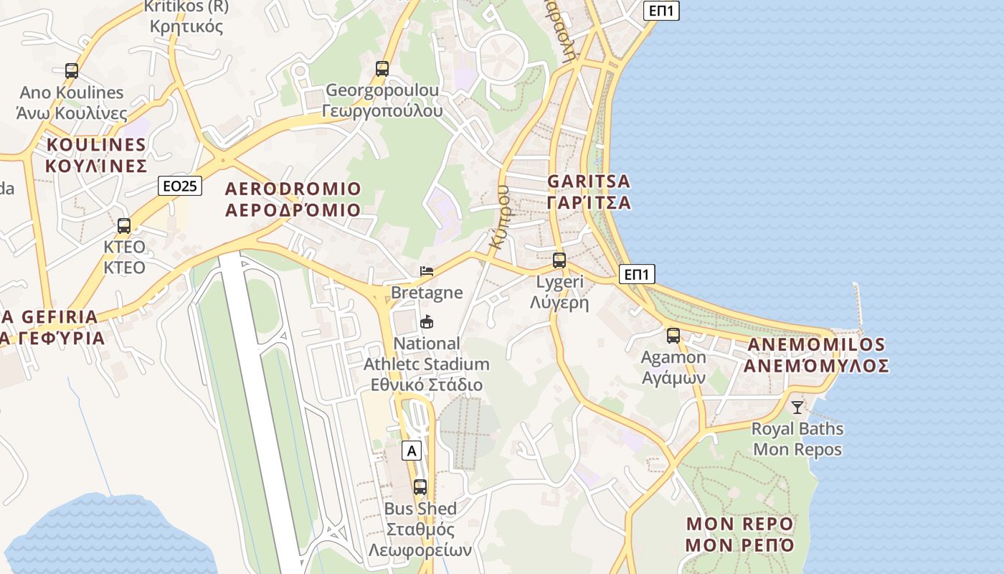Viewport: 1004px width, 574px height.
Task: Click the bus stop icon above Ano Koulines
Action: (71, 70)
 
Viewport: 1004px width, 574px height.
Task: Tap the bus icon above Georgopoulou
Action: (382, 69)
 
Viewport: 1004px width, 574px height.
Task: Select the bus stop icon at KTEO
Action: (124, 225)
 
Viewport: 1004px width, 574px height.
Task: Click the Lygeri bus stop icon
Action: (559, 260)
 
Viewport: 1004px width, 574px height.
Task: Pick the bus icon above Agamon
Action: (673, 335)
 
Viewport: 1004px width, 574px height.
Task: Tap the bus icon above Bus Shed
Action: (420, 487)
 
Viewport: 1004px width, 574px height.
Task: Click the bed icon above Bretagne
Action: (427, 271)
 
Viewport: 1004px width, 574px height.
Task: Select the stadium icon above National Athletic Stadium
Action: (427, 321)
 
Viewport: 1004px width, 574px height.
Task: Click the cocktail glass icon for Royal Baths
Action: (797, 408)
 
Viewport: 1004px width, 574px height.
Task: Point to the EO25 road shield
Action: (180, 187)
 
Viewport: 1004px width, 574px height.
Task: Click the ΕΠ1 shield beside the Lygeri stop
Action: (637, 274)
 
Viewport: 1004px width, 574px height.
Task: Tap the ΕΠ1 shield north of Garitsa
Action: (660, 10)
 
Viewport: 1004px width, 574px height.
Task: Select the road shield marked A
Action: (411, 451)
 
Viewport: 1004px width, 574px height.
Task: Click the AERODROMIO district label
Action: (293, 199)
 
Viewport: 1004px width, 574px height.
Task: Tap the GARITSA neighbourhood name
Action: (589, 192)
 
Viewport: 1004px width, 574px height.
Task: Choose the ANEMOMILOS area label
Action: (816, 355)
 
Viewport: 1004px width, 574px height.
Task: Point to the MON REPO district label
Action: (739, 534)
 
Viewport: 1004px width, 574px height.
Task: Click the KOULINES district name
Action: (96, 155)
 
